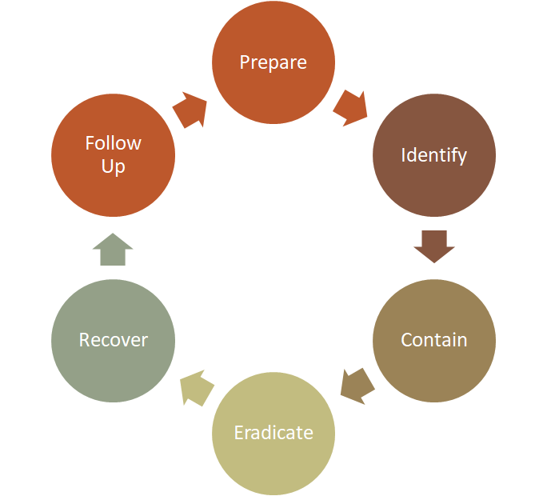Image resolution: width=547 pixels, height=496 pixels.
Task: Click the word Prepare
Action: click(273, 62)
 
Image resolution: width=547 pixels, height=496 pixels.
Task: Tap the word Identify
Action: click(434, 154)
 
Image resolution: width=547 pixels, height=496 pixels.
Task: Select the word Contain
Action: click(434, 339)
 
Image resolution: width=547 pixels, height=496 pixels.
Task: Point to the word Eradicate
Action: click(273, 433)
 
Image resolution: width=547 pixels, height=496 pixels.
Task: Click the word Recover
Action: click(114, 340)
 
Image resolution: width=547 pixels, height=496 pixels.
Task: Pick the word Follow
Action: click(114, 143)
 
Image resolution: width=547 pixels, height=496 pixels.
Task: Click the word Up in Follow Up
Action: click(114, 167)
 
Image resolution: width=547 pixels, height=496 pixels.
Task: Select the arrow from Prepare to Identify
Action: click(350, 108)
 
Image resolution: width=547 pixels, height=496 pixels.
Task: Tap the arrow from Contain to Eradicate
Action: click(357, 386)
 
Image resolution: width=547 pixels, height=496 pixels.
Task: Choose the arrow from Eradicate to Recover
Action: click(197, 388)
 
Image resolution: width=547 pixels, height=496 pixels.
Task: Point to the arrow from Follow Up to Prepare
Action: click(190, 110)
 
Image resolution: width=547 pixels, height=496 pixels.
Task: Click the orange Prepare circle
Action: click(273, 88)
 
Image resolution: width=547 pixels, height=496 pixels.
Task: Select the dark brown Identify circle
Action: click(434, 184)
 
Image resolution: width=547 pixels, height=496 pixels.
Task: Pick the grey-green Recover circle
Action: click(114, 372)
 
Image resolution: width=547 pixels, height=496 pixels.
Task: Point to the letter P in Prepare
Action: click(245, 62)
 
